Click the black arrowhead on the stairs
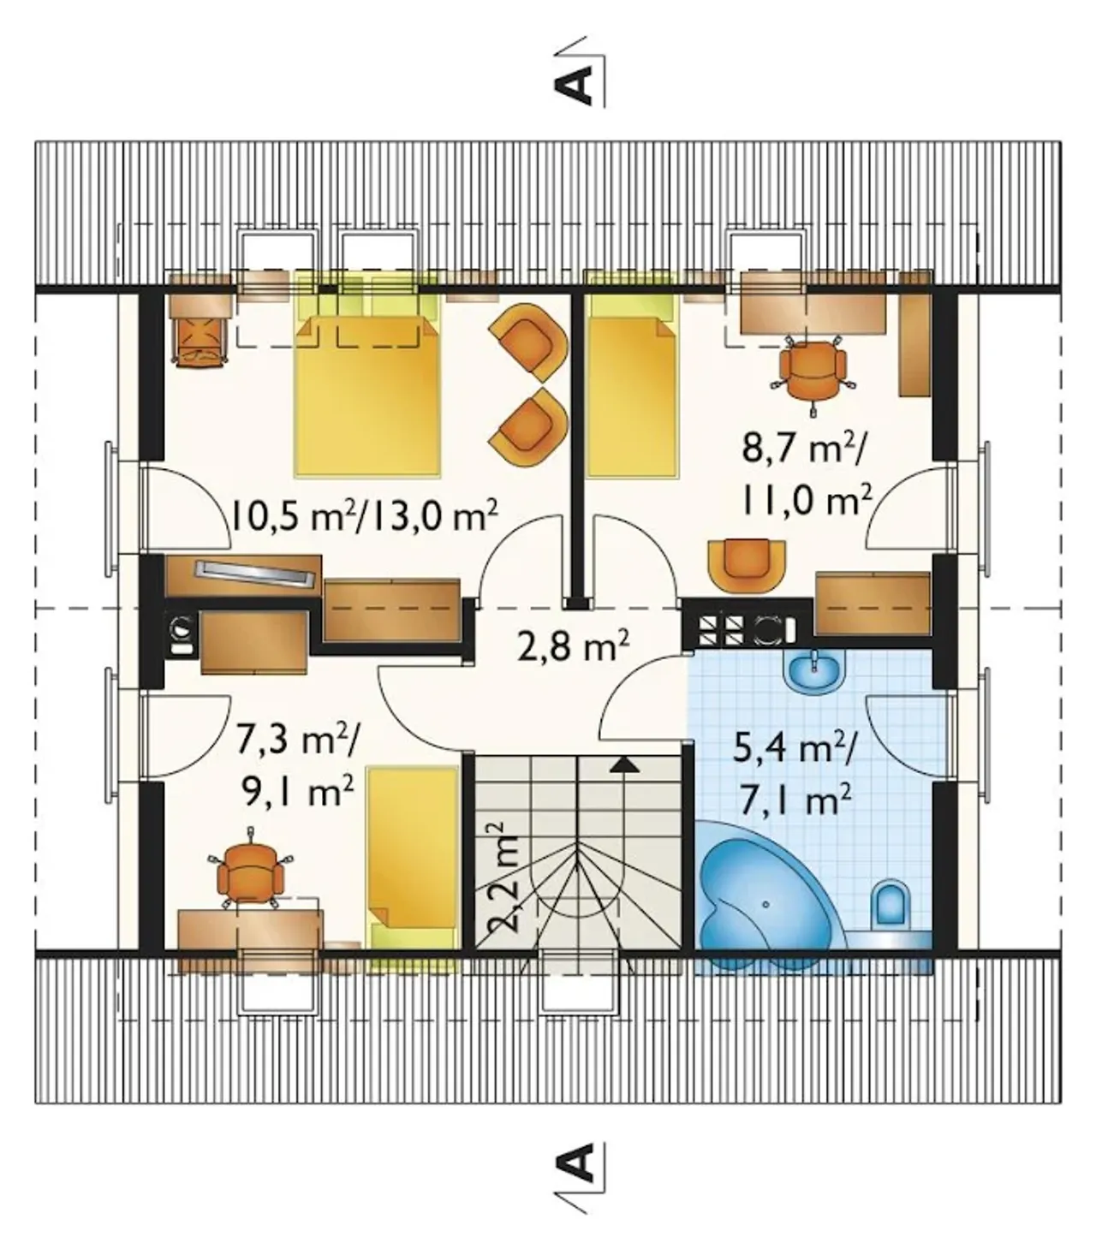pos(625,764)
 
